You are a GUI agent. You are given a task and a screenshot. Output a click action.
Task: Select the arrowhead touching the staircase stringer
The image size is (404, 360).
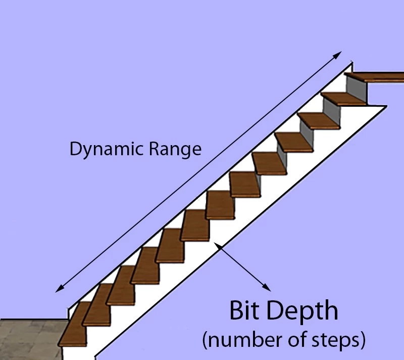218,247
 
